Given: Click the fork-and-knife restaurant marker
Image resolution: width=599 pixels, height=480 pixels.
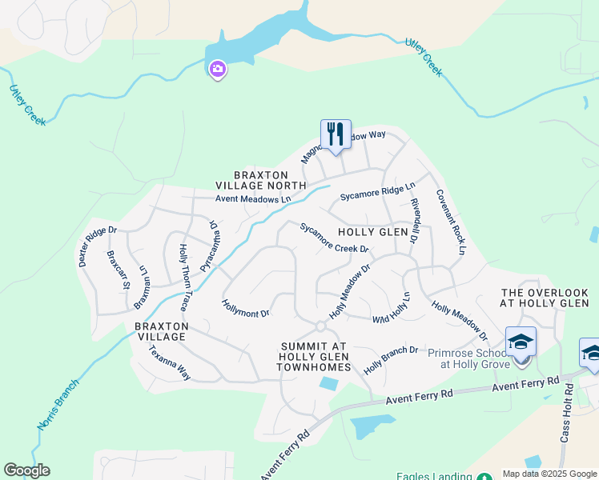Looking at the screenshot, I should pyautogui.click(x=336, y=135).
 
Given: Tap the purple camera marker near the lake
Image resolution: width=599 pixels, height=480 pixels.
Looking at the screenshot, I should pyautogui.click(x=217, y=70).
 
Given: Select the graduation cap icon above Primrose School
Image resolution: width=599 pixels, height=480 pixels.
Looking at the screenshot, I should pyautogui.click(x=521, y=343).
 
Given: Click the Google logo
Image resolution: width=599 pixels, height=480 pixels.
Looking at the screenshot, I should pyautogui.click(x=26, y=470).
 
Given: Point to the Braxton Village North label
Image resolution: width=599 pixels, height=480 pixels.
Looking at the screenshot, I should pyautogui.click(x=270, y=180).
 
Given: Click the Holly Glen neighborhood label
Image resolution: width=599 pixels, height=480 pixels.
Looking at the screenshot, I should pyautogui.click(x=372, y=231).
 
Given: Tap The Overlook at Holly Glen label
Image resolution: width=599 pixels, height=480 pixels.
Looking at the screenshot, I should pyautogui.click(x=545, y=298).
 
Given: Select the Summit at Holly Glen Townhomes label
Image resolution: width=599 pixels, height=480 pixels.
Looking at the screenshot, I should pyautogui.click(x=314, y=357).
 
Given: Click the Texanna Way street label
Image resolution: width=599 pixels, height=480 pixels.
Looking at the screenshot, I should pyautogui.click(x=163, y=365).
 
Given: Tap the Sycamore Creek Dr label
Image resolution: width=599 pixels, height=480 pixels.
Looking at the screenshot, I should pyautogui.click(x=334, y=238).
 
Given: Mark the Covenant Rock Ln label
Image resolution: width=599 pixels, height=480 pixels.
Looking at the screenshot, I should pyautogui.click(x=450, y=222).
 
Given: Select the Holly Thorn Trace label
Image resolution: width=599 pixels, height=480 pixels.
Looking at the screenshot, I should pyautogui.click(x=184, y=277).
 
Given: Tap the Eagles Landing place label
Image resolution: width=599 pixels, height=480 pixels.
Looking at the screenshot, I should pyautogui.click(x=432, y=476).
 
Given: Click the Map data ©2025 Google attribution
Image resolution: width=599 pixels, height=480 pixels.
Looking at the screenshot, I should pyautogui.click(x=549, y=474).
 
